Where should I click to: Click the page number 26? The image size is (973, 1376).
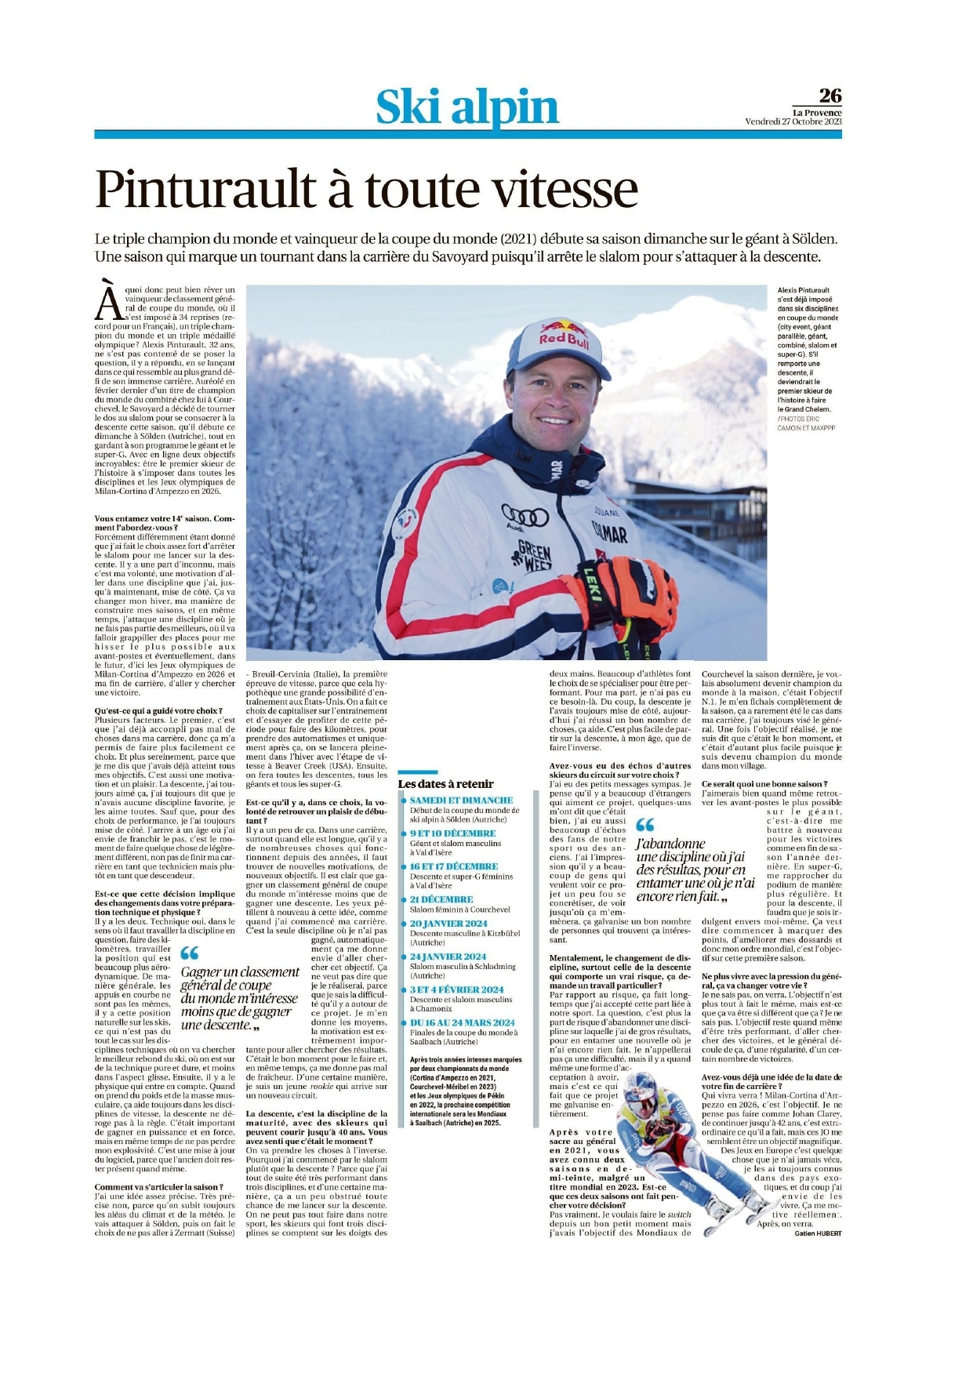[830, 96]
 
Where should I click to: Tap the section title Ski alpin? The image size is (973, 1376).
[467, 107]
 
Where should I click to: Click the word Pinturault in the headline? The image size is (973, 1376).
[206, 190]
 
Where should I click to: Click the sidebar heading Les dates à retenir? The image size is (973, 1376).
[445, 783]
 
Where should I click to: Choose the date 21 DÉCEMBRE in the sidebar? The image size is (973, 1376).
[441, 899]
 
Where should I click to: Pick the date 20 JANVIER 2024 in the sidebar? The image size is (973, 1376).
[448, 924]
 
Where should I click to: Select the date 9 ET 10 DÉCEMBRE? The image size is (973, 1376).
[452, 833]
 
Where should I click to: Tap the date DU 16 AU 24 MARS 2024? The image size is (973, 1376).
[462, 1022]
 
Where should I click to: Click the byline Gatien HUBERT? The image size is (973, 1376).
[817, 1233]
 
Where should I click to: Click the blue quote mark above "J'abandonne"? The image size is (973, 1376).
[644, 825]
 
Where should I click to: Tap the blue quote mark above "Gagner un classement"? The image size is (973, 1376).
[189, 953]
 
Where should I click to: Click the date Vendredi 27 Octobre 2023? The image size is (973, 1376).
[793, 122]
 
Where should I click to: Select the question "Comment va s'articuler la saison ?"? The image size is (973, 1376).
[159, 1187]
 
